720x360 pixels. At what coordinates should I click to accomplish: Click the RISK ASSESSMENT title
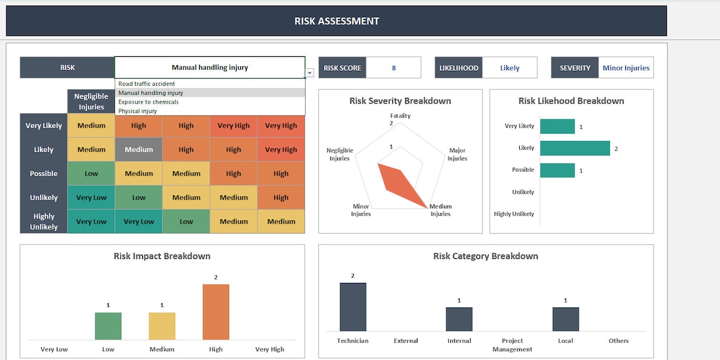point(337,21)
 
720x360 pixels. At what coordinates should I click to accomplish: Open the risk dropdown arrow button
point(309,73)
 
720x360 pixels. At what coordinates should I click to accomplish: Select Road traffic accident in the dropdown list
point(147,84)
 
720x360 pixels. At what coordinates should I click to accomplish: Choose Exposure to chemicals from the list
point(148,102)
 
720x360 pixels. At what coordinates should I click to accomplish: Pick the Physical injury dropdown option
point(138,111)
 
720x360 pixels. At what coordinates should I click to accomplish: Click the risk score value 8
point(393,68)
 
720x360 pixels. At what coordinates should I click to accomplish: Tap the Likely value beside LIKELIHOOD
point(510,68)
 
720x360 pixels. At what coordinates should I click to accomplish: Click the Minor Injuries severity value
point(626,68)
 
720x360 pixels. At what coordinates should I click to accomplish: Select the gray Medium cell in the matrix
point(139,150)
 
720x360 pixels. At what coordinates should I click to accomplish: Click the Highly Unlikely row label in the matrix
point(44,222)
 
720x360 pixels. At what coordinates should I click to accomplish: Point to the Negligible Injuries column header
point(92,101)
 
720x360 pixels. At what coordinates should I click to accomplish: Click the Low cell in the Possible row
point(92,174)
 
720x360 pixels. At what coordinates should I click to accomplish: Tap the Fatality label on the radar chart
point(400,116)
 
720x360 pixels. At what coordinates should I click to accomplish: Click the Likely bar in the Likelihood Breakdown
point(575,148)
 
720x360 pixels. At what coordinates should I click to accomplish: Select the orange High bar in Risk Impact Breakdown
point(216,312)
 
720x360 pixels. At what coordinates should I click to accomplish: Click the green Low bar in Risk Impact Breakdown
point(108,326)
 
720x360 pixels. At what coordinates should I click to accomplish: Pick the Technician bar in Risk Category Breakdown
point(352,307)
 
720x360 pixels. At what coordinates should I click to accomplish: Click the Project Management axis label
point(512,345)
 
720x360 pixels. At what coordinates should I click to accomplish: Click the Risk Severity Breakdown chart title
point(400,101)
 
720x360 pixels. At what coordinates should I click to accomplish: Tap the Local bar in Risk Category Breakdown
point(565,319)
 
